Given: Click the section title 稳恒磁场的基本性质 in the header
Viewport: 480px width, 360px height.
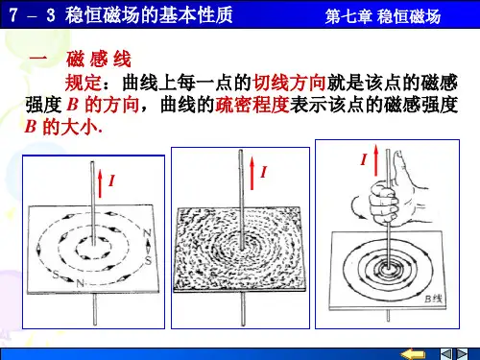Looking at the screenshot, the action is (149, 14).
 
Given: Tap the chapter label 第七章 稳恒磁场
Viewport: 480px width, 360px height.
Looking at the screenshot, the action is (383, 16).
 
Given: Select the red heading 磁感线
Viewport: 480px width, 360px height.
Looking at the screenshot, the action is (99, 59).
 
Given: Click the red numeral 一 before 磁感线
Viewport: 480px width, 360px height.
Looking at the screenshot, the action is (38, 59).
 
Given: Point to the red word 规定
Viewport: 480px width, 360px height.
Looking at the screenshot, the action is (84, 83).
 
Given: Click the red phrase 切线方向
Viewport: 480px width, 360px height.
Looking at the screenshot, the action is (289, 83).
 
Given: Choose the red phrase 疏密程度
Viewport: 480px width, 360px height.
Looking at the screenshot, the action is (252, 105).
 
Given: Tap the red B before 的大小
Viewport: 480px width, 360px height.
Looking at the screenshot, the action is (31, 126).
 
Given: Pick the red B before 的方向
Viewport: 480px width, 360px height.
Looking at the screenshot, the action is (73, 104).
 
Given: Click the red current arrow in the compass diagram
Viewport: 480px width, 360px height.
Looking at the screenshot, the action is (101, 183).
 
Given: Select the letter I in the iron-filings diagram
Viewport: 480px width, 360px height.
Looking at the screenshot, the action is (263, 172).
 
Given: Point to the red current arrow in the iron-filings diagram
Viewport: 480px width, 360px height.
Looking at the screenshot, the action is (252, 173).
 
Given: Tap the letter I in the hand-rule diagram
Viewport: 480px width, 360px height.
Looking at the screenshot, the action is (364, 159).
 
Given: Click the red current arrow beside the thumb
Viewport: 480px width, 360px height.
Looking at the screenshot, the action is (376, 159).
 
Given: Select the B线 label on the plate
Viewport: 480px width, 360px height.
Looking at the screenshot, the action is (434, 299).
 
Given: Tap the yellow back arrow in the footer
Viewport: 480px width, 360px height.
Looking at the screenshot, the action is (413, 354).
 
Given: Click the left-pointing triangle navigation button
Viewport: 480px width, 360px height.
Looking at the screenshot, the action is (446, 354).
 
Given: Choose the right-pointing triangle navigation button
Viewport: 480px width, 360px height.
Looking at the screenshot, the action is (462, 354).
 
